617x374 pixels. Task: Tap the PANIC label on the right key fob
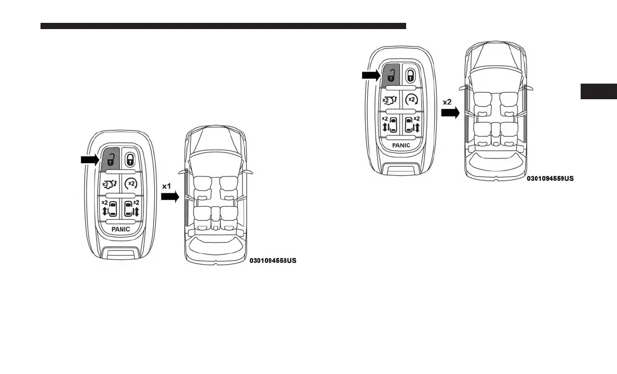tap(401, 145)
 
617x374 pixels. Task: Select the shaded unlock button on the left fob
tap(111, 158)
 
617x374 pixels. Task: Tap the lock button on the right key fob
tap(410, 75)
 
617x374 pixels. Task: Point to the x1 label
tap(167, 185)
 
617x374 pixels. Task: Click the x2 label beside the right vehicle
tap(447, 102)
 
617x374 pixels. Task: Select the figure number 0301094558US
tap(273, 260)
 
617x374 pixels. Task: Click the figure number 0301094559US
tap(550, 178)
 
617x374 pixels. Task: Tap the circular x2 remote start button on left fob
tap(131, 183)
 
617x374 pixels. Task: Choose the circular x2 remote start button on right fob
tap(411, 99)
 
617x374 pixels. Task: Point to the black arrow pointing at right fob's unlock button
tap(370, 76)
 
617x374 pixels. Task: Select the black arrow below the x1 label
tap(169, 197)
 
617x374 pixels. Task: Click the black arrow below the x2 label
tap(450, 112)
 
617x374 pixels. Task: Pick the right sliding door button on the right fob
tap(411, 125)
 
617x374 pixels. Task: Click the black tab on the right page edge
tap(598, 91)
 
